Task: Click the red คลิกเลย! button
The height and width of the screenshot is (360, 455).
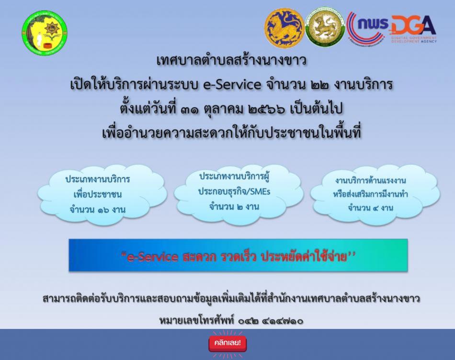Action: [x=227, y=343]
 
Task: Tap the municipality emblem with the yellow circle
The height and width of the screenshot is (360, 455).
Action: [x=45, y=33]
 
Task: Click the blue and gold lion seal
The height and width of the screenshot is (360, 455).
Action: [x=284, y=28]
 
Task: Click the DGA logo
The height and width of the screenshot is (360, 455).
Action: [x=413, y=29]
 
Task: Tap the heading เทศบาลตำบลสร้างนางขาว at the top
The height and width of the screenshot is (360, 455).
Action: [x=231, y=60]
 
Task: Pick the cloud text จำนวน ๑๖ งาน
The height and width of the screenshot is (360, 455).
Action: [x=98, y=210]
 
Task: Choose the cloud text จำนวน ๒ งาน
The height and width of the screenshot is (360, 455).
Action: [x=234, y=207]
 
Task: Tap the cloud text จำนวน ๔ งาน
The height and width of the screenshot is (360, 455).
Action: [x=371, y=208]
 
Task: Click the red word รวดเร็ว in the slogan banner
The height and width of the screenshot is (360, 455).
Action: [x=238, y=256]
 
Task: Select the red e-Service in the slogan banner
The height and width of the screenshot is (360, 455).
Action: [x=153, y=257]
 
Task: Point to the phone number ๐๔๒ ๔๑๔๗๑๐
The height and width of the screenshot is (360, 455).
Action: [x=271, y=321]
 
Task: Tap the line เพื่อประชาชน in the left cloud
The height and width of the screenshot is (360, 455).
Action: [x=98, y=194]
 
